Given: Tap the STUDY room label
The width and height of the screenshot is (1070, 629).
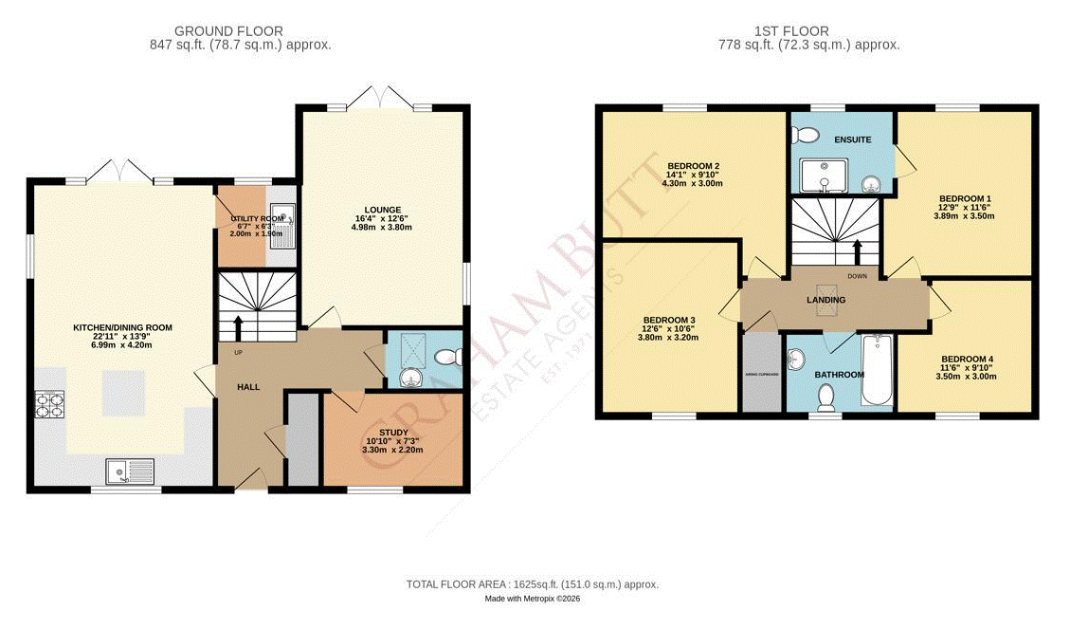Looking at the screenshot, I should click(x=393, y=432).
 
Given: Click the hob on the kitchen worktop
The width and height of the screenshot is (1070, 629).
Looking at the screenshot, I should click(x=48, y=405).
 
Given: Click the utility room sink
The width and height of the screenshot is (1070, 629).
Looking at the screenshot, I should click(x=282, y=226).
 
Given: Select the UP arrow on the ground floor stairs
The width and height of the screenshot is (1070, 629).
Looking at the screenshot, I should click(x=237, y=327).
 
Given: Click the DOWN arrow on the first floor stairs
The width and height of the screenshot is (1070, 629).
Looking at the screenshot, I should click(x=858, y=252).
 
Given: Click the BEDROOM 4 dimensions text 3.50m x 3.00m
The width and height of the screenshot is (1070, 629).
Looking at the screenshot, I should click(x=965, y=377).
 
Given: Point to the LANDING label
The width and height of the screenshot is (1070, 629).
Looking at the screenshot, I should click(x=825, y=300).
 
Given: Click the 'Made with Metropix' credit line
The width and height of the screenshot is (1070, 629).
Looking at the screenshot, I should click(x=532, y=600).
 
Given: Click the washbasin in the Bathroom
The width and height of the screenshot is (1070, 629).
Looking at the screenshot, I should click(x=797, y=358).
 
